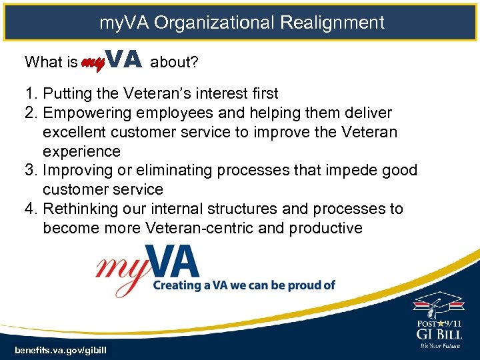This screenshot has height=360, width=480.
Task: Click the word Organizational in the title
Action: (214, 23)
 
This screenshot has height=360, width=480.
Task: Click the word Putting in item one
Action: (67, 93)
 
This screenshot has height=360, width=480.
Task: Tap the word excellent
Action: (75, 132)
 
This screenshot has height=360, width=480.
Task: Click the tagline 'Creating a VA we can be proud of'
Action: (244, 285)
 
